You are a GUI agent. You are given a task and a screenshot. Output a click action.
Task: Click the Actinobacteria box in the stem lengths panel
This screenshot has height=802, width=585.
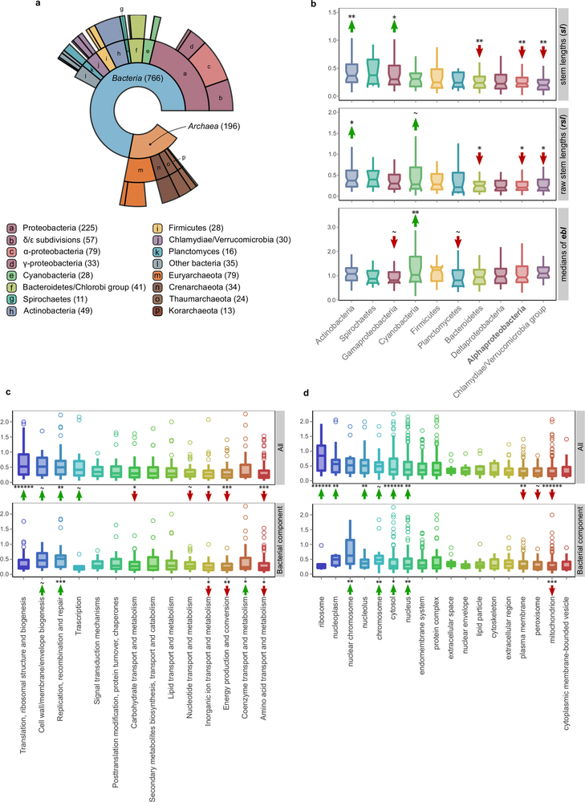[351, 72]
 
